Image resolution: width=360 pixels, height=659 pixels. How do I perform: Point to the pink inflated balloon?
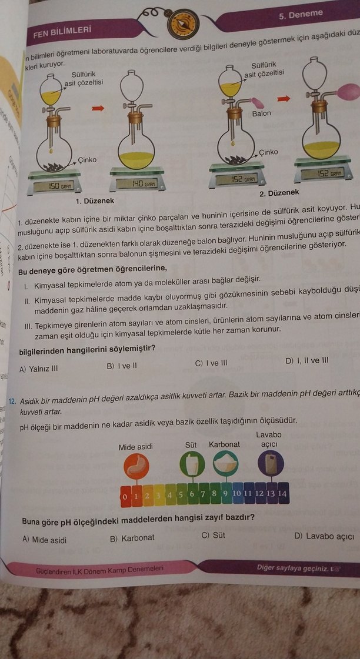pyautogui.click(x=348, y=91)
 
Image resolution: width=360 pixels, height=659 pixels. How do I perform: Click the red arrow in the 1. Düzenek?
pyautogui.click(x=98, y=108)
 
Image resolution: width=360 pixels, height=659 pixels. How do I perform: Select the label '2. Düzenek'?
pyautogui.click(x=279, y=192)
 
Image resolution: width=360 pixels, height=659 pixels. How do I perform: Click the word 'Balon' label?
pyautogui.click(x=261, y=113)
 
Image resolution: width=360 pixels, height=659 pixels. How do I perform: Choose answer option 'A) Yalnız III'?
pyautogui.click(x=39, y=369)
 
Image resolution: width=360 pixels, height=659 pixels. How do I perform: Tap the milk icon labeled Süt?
pyautogui.click(x=191, y=463)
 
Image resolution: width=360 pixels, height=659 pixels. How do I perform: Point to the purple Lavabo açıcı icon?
pyautogui.click(x=271, y=463)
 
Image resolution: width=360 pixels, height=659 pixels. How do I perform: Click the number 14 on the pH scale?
pyautogui.click(x=282, y=493)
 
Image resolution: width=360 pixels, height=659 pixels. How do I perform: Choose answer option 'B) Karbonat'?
pyautogui.click(x=132, y=537)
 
